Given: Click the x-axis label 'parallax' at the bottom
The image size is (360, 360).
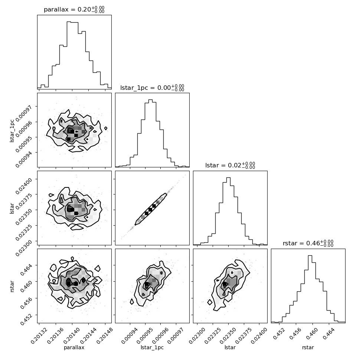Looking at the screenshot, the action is click(x=74, y=348).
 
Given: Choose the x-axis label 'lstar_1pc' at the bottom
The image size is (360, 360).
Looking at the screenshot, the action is click(x=152, y=348).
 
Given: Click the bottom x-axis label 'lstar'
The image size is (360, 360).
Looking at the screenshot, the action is click(x=230, y=347).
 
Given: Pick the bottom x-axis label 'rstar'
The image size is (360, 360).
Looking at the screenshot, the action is click(x=308, y=347).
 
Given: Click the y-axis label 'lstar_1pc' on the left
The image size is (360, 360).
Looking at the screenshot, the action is click(x=12, y=130).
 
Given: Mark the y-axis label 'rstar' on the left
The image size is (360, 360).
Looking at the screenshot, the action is click(x=12, y=286).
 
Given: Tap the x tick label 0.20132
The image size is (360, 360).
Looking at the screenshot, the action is click(x=39, y=336).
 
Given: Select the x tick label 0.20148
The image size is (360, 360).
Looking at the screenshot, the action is click(x=105, y=336).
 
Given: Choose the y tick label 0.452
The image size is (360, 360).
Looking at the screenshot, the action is click(x=26, y=319).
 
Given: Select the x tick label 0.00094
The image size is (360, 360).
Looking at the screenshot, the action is click(x=130, y=336).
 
